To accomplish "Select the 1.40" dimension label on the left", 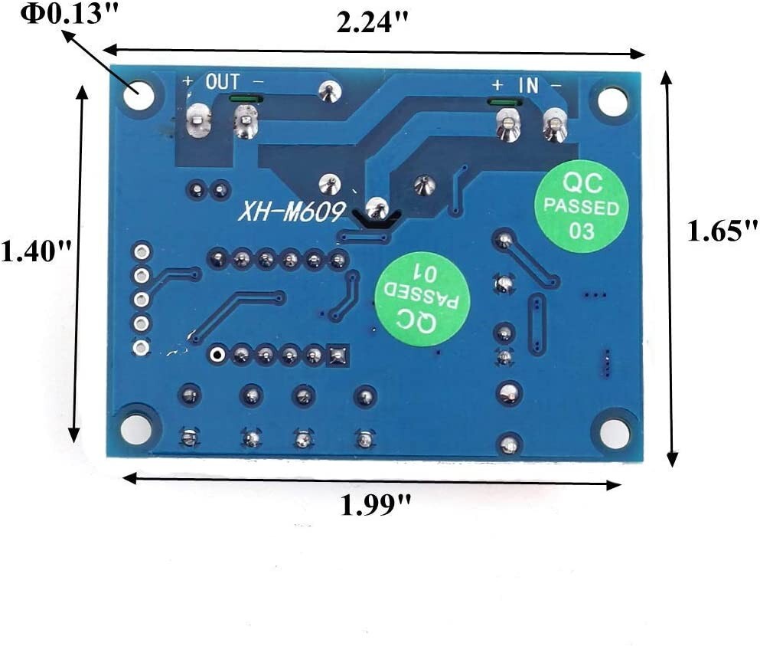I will pyautogui.click(x=37, y=250).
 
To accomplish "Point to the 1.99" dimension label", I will pyautogui.click(x=376, y=505).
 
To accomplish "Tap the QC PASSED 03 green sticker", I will pyautogui.click(x=582, y=205).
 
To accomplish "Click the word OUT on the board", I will pyautogui.click(x=222, y=81).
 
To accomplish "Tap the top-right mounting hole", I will pyautogui.click(x=612, y=101).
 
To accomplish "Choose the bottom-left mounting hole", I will pyautogui.click(x=135, y=429).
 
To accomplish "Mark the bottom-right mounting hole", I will pyautogui.click(x=615, y=434).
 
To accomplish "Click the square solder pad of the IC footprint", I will pyautogui.click(x=338, y=355).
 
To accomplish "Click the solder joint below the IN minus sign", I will pyautogui.click(x=554, y=124).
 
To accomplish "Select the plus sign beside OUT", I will pyautogui.click(x=188, y=80).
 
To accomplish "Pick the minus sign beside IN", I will pyautogui.click(x=556, y=86).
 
